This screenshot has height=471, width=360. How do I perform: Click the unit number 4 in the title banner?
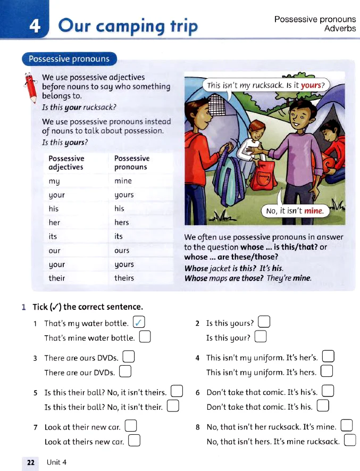(36, 26)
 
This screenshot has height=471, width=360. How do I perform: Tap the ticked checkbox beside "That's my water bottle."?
(139, 323)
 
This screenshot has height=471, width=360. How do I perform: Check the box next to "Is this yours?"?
(264, 323)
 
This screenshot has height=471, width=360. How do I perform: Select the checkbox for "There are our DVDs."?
(125, 372)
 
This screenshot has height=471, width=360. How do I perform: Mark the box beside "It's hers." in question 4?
(326, 372)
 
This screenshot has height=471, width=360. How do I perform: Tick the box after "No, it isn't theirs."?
(177, 392)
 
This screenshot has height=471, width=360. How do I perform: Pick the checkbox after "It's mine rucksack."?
(350, 441)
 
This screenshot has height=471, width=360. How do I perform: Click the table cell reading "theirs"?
(124, 278)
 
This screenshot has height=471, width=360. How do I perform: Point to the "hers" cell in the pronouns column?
(122, 222)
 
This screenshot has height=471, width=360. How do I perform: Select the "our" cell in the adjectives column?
(54, 250)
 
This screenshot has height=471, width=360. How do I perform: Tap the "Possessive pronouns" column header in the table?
(132, 162)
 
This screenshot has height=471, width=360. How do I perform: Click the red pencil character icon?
(30, 87)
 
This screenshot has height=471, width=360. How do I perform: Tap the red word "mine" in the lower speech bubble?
(313, 211)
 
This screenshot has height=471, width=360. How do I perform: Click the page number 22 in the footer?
(30, 462)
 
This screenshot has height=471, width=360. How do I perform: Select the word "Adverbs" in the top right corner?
(340, 28)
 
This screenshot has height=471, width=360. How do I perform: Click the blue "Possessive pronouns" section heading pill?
(69, 59)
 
